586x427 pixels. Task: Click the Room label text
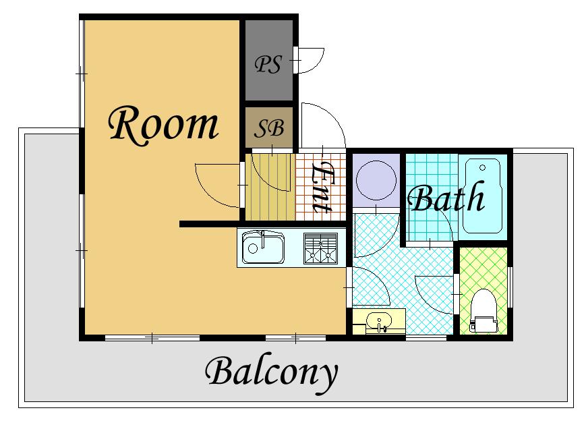pyautogui.click(x=163, y=125)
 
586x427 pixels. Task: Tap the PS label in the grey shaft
pyautogui.click(x=268, y=64)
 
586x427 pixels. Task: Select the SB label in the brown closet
pyautogui.click(x=269, y=128)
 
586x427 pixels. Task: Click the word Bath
pyautogui.click(x=446, y=197)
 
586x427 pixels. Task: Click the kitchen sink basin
pyautogui.click(x=263, y=247)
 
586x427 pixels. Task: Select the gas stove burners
pyautogui.click(x=321, y=248)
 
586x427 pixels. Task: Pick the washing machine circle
pyautogui.click(x=376, y=180)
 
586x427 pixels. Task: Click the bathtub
pyautogui.click(x=482, y=196)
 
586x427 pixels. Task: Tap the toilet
pyautogui.click(x=484, y=311)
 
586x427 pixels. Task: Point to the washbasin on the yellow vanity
pyautogui.click(x=379, y=322)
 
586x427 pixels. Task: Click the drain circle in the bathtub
pyautogui.click(x=482, y=167)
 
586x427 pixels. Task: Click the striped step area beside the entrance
pyautogui.click(x=270, y=187)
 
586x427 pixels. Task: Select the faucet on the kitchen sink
pyautogui.click(x=263, y=239)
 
